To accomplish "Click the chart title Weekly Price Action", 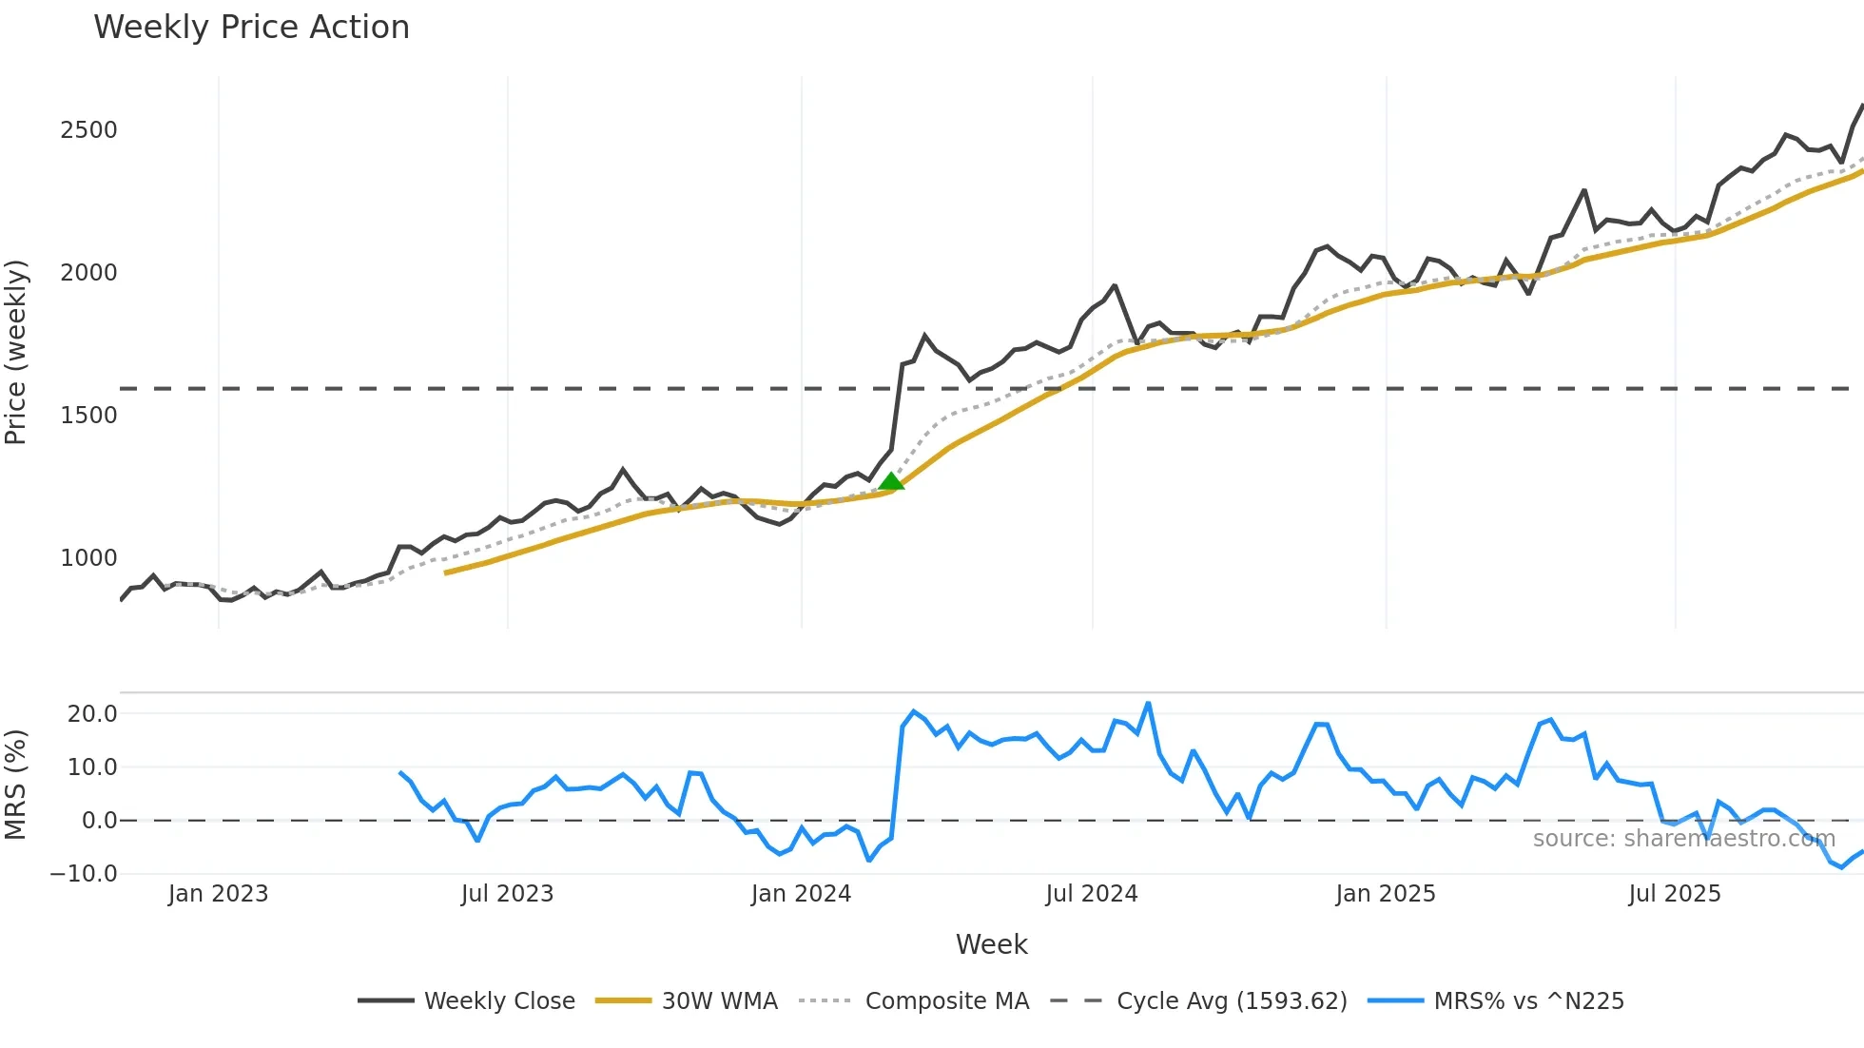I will (x=251, y=28).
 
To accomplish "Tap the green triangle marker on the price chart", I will (x=891, y=482).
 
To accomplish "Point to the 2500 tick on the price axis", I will (x=88, y=130).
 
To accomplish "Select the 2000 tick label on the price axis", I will (x=88, y=273).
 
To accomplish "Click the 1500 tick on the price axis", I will (x=88, y=416).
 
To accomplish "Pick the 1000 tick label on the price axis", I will (x=88, y=558).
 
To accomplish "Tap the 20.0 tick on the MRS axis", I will (x=92, y=714).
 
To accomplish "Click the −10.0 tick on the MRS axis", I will (x=84, y=874).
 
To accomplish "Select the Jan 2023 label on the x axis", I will (x=218, y=894).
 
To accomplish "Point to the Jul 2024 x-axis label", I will (x=1092, y=894).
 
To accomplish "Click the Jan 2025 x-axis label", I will (x=1385, y=894).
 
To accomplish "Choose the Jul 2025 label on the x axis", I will (x=1675, y=894).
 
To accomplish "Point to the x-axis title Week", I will (x=991, y=944).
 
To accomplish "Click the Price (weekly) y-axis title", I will (x=16, y=352).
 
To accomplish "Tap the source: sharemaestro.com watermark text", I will (x=1683, y=839).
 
